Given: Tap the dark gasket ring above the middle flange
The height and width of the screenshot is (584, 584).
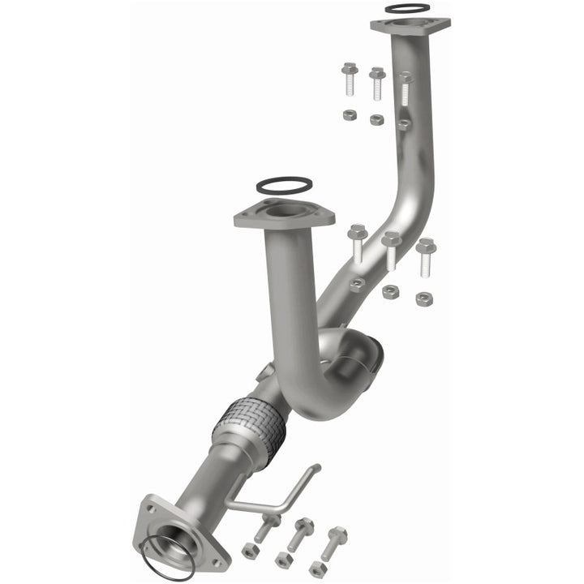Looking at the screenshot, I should click(283, 187).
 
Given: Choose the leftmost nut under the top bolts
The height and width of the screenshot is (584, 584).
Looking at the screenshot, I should click(349, 114).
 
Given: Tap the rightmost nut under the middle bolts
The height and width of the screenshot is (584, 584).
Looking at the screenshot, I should click(423, 298).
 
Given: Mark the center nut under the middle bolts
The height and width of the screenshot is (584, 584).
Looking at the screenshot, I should click(390, 292).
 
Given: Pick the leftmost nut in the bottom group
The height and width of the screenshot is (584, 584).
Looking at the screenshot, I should click(250, 552).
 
